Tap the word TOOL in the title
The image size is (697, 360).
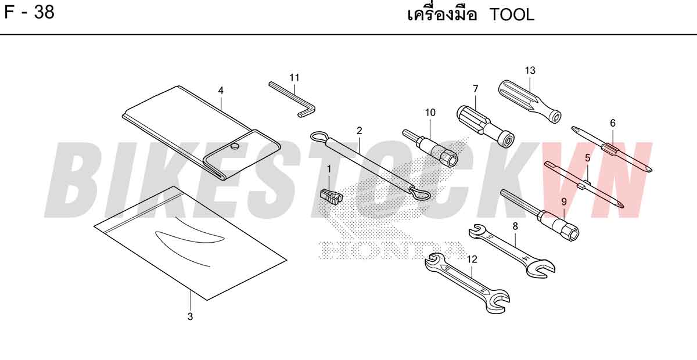pos(512,15)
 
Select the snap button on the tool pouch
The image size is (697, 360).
pos(236,146)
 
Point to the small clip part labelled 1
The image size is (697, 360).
pos(331,196)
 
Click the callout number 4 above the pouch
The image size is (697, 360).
pos(221,91)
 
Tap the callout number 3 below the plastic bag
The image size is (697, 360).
pos(190,316)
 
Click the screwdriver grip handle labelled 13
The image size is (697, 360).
pos(530,102)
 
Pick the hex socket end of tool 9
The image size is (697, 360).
pos(572,233)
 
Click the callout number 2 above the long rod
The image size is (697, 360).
pos(360,131)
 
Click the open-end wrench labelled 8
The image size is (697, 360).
pos(512,251)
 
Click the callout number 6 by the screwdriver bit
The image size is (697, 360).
pos(613,123)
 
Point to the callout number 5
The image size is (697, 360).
pos(587,158)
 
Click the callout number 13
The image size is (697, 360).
pos(530,71)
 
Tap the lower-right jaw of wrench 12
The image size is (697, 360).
pos(497,301)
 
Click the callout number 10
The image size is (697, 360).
pos(430,113)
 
